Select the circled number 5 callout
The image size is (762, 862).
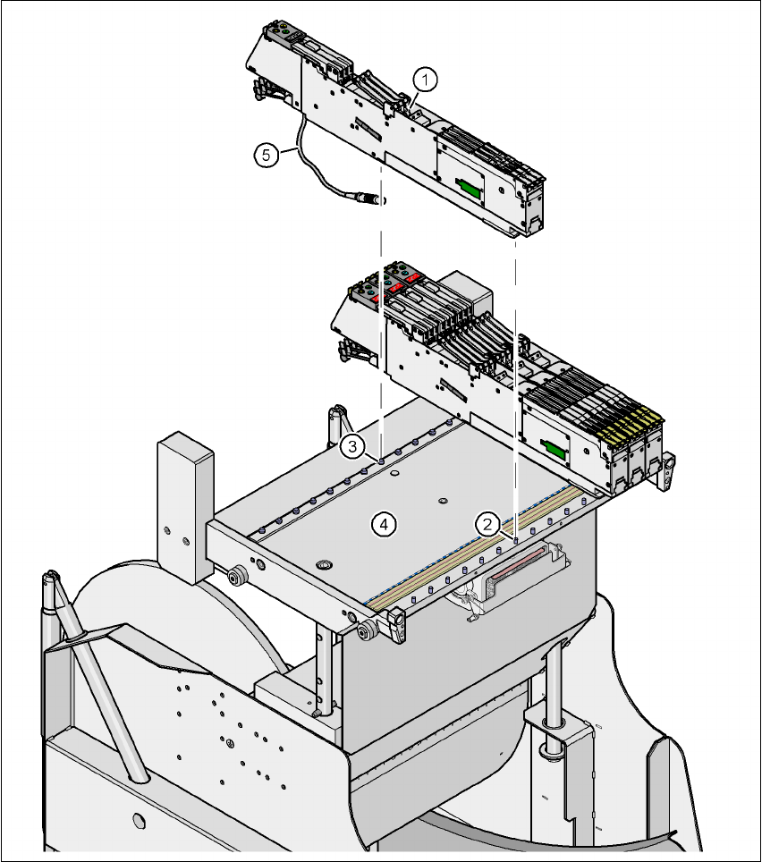[x=265, y=155]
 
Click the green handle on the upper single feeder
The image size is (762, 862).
[x=467, y=187]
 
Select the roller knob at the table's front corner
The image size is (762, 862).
[x=366, y=634]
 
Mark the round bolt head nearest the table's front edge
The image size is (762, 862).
[x=324, y=565]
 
